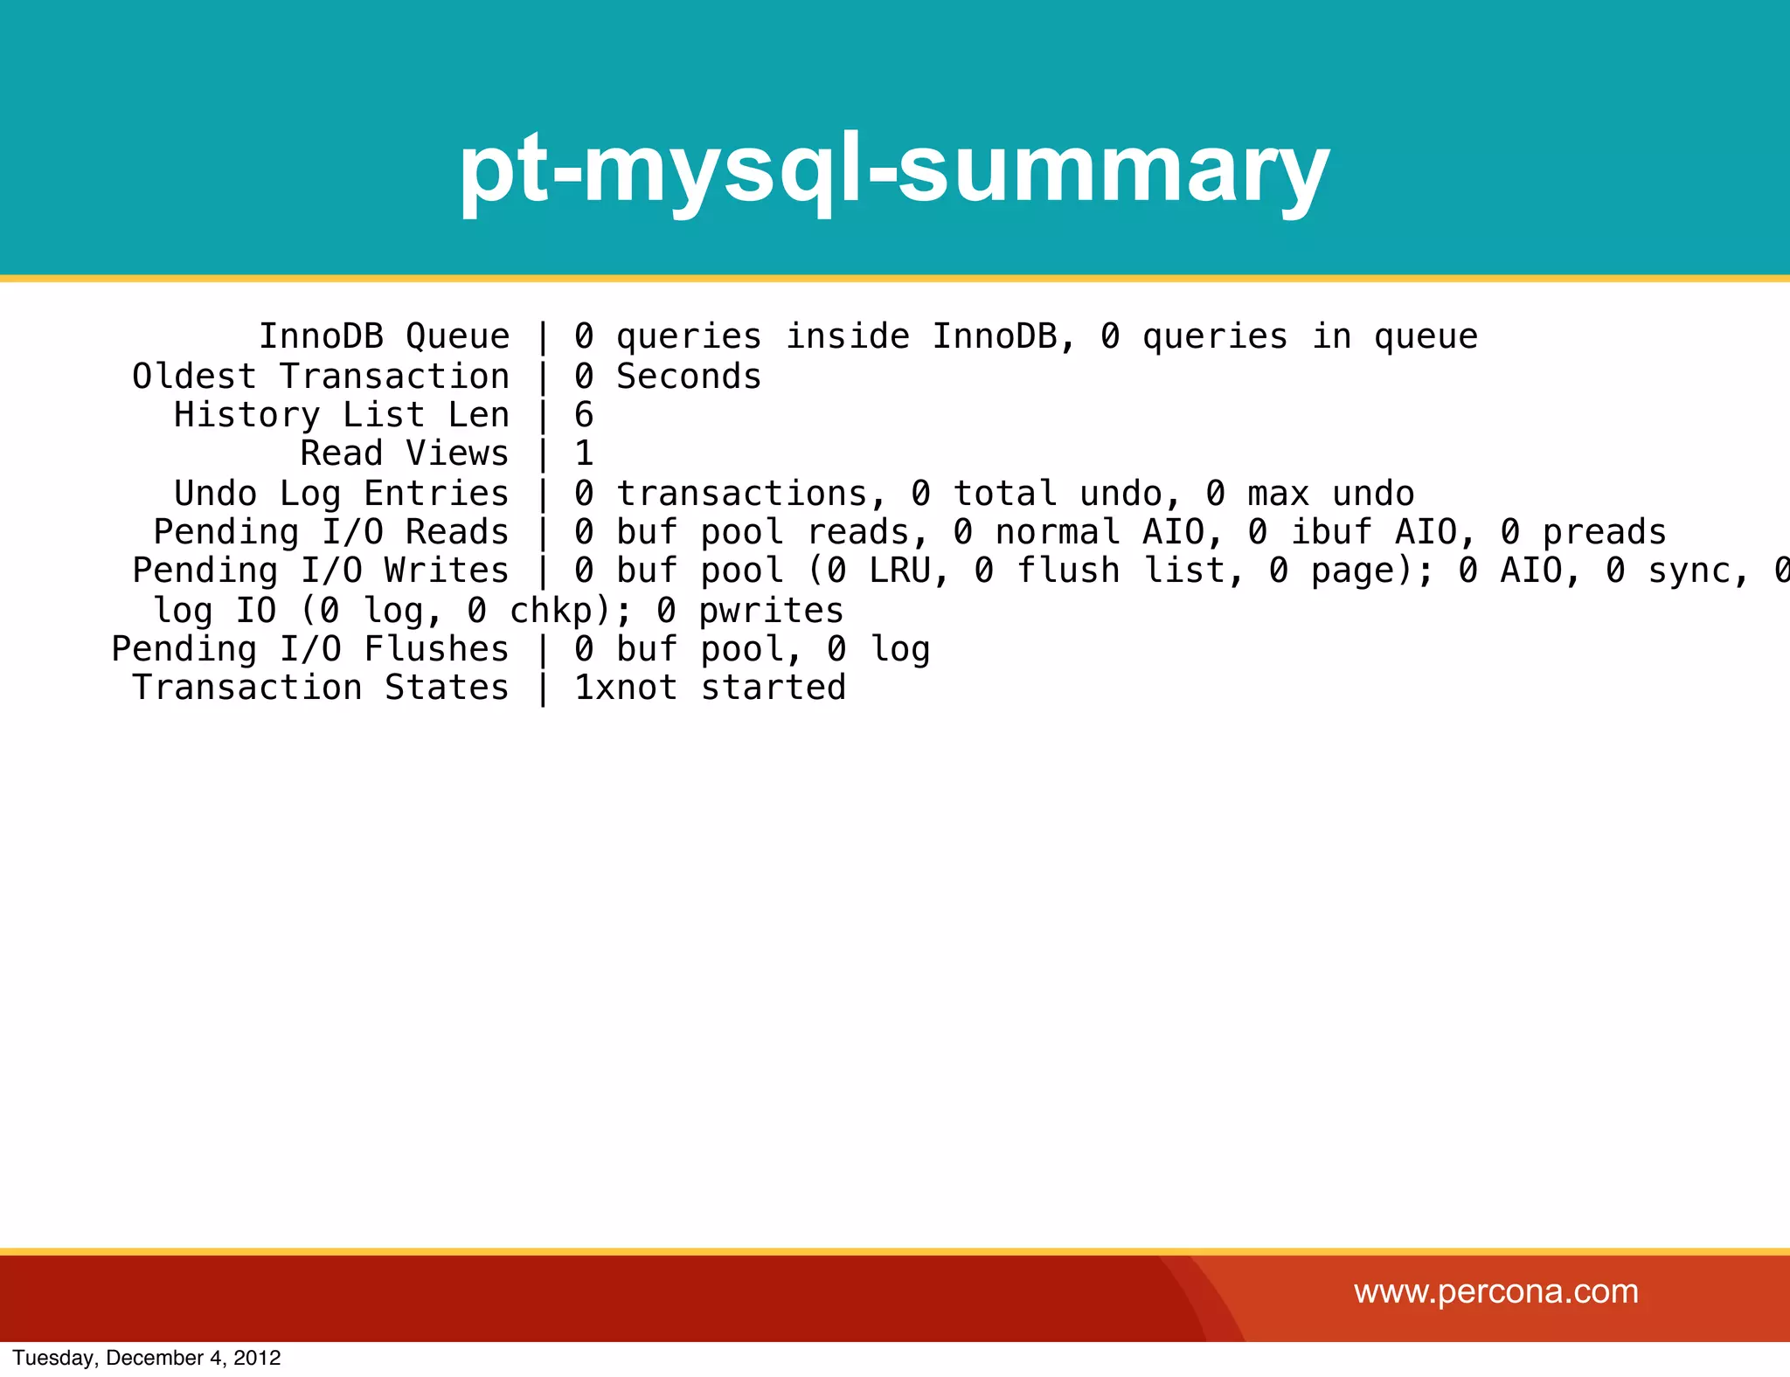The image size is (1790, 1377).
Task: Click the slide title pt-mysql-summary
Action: pyautogui.click(x=893, y=170)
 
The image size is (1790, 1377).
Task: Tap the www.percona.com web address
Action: pyautogui.click(x=1495, y=1291)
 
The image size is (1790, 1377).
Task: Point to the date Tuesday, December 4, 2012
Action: pyautogui.click(x=147, y=1358)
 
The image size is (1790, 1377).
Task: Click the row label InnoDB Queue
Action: pyautogui.click(x=384, y=336)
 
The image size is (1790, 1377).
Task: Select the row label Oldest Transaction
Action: pyautogui.click(x=321, y=377)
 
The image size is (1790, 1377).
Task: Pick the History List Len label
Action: pyautogui.click(x=341, y=415)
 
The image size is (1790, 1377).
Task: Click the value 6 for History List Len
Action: pyautogui.click(x=584, y=415)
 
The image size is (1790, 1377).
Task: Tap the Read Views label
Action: pyautogui.click(x=404, y=453)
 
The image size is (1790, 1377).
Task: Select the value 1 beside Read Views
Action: pyautogui.click(x=584, y=453)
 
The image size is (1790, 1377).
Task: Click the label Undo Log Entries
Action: pyautogui.click(x=341, y=494)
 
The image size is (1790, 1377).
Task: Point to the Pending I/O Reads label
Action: pyautogui.click(x=330, y=532)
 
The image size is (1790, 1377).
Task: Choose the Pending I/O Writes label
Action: pyautogui.click(x=320, y=571)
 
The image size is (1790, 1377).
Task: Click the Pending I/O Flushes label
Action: pyautogui.click(x=309, y=649)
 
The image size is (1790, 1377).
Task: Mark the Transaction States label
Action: pyautogui.click(x=320, y=688)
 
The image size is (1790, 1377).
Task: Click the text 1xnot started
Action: pyautogui.click(x=710, y=688)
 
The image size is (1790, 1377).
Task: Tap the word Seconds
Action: pyautogui.click(x=689, y=377)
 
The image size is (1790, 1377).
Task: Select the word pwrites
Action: pyautogui.click(x=772, y=611)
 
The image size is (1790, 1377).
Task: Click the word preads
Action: pyautogui.click(x=1604, y=532)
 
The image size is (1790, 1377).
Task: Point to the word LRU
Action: pyautogui.click(x=898, y=571)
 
